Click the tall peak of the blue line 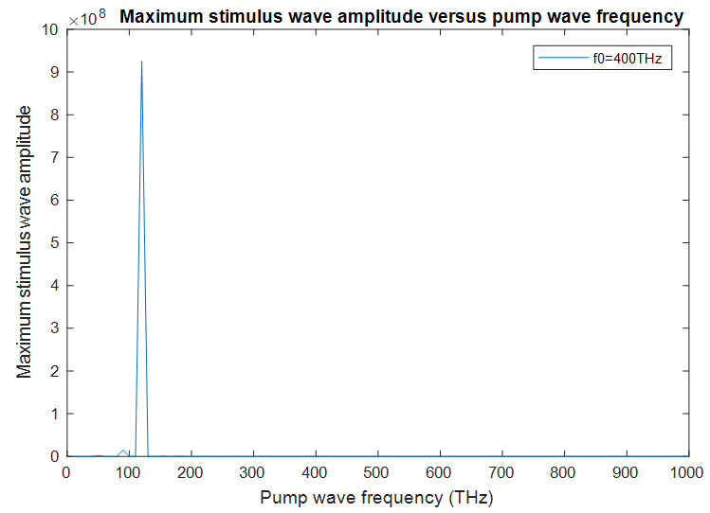[x=142, y=62]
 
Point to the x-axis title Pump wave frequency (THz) [x=377, y=497]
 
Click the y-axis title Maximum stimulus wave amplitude [x=26, y=242]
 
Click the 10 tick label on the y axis [x=51, y=29]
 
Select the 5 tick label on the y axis [x=55, y=243]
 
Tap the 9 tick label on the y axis [x=55, y=72]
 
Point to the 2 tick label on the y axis [x=55, y=371]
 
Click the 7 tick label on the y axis [x=55, y=157]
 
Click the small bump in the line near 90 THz [x=123, y=451]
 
